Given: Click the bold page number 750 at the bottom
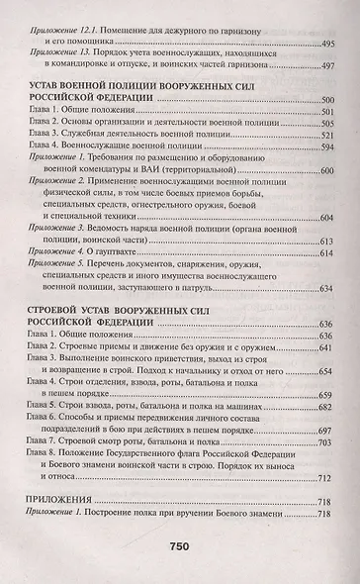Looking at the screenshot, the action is (180, 552).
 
